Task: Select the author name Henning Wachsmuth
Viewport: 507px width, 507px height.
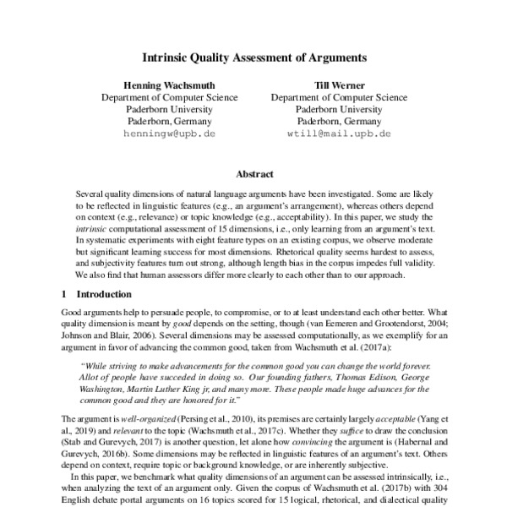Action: [170, 85]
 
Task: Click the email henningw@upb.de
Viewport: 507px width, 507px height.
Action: [170, 134]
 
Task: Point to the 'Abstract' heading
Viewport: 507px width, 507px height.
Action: [253, 174]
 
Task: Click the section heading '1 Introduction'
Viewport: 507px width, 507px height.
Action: [96, 295]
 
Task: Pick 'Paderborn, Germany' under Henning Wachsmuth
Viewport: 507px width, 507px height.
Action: [170, 121]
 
